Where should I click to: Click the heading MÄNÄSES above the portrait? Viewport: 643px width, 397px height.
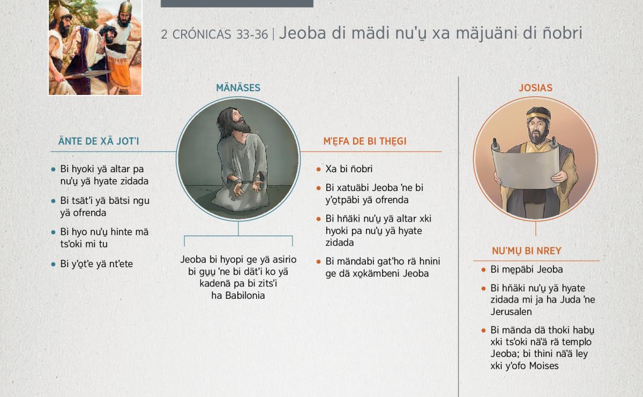pos(238,87)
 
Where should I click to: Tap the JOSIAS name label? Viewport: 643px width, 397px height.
pos(535,87)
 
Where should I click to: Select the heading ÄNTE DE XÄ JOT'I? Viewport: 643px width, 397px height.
pos(99,141)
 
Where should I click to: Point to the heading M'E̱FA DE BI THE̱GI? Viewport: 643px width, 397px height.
pos(365,142)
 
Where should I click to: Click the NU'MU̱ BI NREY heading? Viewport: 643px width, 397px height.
pos(526,251)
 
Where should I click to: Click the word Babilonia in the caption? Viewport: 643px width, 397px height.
pos(245,296)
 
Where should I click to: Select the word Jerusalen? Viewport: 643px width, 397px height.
pos(511,312)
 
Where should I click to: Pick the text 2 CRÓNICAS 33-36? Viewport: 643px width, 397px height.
pos(214,34)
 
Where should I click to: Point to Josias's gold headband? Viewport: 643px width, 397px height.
pos(539,115)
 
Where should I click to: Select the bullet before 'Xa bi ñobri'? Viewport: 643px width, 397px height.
pos(318,170)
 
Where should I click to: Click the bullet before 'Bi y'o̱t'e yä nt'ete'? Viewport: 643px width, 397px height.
pos(53,264)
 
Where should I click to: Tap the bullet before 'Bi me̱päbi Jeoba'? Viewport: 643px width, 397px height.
pos(483,270)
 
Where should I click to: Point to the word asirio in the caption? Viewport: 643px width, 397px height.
pos(285,260)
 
